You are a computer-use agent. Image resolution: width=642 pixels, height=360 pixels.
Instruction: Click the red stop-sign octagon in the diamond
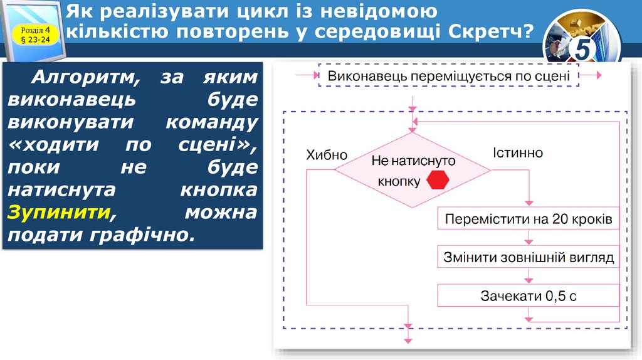click(439, 181)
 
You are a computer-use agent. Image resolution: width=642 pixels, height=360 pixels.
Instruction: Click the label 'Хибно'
click(327, 155)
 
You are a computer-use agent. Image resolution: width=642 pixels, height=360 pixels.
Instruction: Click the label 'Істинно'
click(517, 153)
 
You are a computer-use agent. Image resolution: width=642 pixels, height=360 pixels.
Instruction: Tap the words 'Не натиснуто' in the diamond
click(413, 161)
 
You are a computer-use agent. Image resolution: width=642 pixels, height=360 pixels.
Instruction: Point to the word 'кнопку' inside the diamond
click(399, 181)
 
